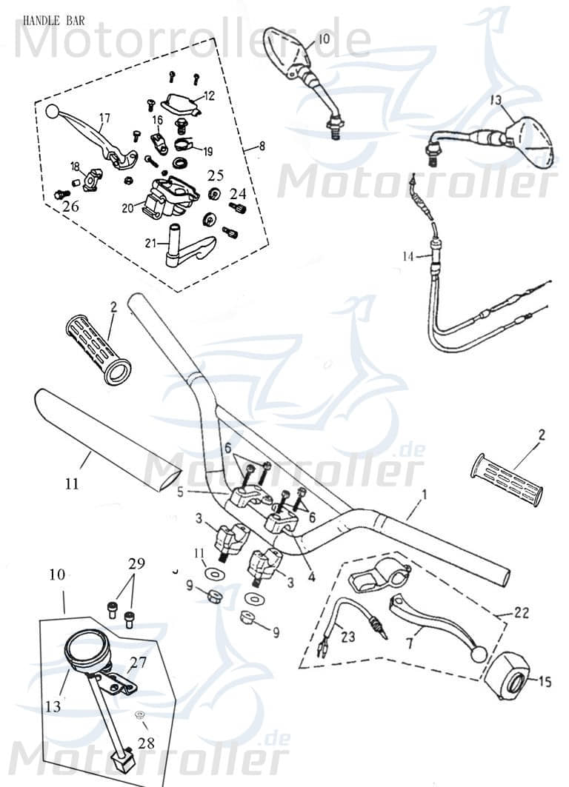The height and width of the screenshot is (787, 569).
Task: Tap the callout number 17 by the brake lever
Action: click(104, 118)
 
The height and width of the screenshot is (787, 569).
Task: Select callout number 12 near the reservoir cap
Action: click(209, 96)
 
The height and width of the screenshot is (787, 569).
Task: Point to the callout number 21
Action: click(150, 243)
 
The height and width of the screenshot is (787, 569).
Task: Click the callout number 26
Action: click(70, 207)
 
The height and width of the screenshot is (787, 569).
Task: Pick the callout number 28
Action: click(147, 742)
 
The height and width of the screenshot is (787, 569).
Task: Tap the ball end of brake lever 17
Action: click(52, 111)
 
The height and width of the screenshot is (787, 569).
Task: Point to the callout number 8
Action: click(260, 148)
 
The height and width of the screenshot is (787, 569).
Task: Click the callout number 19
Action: click(207, 152)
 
